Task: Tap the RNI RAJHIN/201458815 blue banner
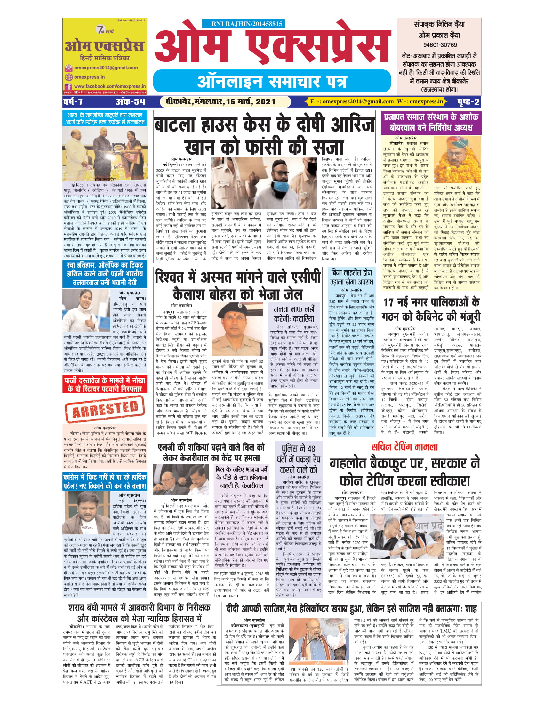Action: (x=243, y=24)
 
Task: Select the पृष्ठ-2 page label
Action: (x=468, y=102)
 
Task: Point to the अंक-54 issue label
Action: (x=131, y=102)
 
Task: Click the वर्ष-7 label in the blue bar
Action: (x=73, y=102)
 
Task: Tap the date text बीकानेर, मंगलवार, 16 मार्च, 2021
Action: (x=220, y=102)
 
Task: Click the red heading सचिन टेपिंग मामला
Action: (x=404, y=447)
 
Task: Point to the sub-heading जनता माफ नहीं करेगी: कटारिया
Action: (x=293, y=314)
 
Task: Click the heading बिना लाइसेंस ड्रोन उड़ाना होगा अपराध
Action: (x=352, y=276)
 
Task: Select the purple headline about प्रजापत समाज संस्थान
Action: (x=431, y=122)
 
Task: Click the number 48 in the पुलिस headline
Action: (x=311, y=448)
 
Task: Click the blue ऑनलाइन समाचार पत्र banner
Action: (x=272, y=81)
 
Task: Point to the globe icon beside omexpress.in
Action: (x=69, y=77)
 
